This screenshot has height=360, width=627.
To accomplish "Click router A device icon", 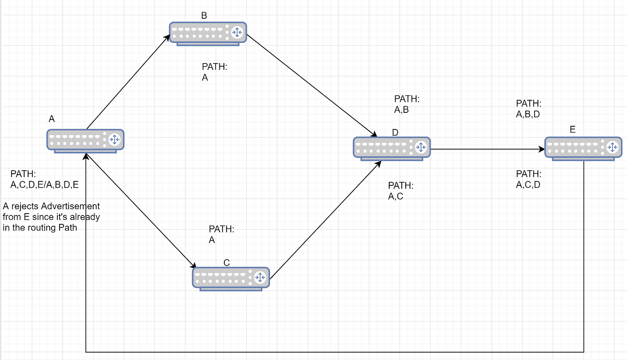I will (85, 140).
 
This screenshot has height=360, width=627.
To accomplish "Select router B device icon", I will (208, 32).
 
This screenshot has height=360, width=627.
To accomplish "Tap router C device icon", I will (231, 278).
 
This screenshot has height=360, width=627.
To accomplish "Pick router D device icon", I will (392, 147).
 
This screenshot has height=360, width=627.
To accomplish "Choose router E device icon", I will (583, 147).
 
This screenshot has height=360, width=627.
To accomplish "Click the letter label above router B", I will (204, 16).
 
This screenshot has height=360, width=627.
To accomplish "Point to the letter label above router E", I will (572, 130).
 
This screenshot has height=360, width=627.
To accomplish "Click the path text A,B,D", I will (528, 114).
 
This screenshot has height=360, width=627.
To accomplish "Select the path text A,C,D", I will (528, 184).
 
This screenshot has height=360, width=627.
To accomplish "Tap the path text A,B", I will (401, 110).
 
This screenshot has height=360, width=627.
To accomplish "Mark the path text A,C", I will (395, 196).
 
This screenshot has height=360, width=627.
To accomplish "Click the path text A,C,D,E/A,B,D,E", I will (45, 184).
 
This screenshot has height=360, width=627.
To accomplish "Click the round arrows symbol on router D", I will (420, 147).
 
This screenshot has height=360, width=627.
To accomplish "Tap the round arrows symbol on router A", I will (114, 139).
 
